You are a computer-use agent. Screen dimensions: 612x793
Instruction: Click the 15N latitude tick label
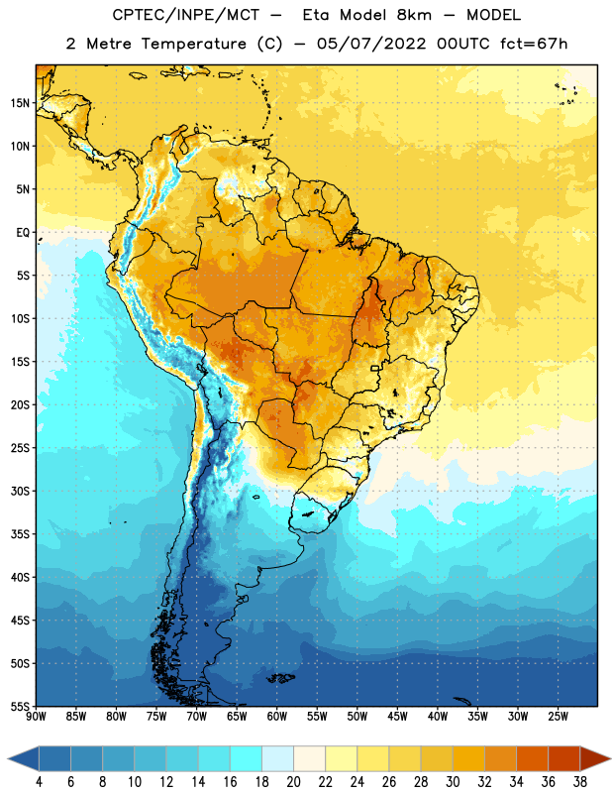click(x=20, y=103)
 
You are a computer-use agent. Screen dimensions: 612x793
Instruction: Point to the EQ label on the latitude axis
click(x=23, y=233)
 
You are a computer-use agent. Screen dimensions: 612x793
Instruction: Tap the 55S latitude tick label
click(x=20, y=707)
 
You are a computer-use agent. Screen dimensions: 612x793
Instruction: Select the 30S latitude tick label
click(x=20, y=491)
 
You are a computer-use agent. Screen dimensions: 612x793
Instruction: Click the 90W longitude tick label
click(x=36, y=717)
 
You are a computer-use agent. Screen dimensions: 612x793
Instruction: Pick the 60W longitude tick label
click(x=277, y=717)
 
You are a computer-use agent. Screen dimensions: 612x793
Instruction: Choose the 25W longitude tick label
click(x=558, y=717)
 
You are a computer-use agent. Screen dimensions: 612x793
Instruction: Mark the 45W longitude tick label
click(x=397, y=717)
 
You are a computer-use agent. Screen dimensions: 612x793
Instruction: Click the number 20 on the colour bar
click(x=293, y=782)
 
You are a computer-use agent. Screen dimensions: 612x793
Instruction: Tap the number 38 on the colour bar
click(x=579, y=782)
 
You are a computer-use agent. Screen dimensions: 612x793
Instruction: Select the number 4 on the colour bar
click(x=39, y=782)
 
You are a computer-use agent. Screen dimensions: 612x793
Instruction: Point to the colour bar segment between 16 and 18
click(x=247, y=758)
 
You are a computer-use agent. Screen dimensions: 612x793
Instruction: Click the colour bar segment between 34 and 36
click(x=532, y=758)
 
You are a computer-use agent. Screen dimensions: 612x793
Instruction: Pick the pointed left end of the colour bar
click(x=8, y=758)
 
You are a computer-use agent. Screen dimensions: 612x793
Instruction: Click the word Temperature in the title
click(x=193, y=44)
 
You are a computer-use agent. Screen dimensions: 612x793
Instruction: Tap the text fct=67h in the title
click(x=534, y=44)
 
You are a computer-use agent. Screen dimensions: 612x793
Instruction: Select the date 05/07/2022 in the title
click(x=371, y=44)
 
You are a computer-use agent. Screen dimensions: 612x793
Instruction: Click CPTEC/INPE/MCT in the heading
click(x=185, y=15)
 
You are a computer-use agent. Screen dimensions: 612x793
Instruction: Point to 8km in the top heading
click(x=414, y=15)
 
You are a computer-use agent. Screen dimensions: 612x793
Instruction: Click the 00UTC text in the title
click(x=462, y=44)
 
